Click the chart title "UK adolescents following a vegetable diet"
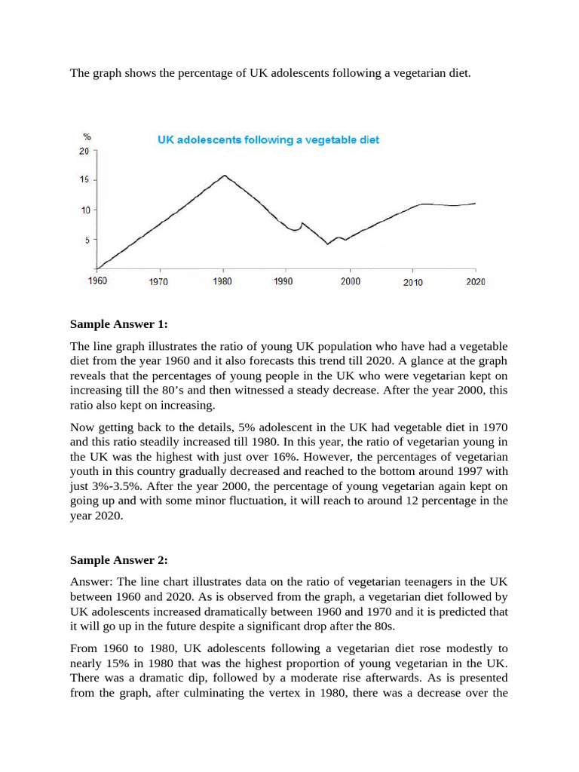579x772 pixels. click(268, 139)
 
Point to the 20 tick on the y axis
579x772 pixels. click(84, 151)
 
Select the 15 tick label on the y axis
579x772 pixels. click(84, 180)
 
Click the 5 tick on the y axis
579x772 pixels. click(87, 240)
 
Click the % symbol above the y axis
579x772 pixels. click(87, 136)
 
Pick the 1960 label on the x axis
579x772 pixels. click(97, 281)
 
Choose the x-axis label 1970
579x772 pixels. click(158, 282)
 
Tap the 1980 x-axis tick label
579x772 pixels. click(222, 281)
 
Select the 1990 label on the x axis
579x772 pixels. click(284, 281)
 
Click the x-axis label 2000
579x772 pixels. click(350, 281)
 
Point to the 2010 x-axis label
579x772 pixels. click(412, 282)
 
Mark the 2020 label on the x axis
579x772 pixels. click(475, 281)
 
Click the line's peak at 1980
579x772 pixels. click(224, 176)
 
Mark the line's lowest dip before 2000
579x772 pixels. click(327, 244)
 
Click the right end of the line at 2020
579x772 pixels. click(475, 203)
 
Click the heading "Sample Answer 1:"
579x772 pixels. click(118, 324)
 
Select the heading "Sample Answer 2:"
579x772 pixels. click(118, 560)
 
